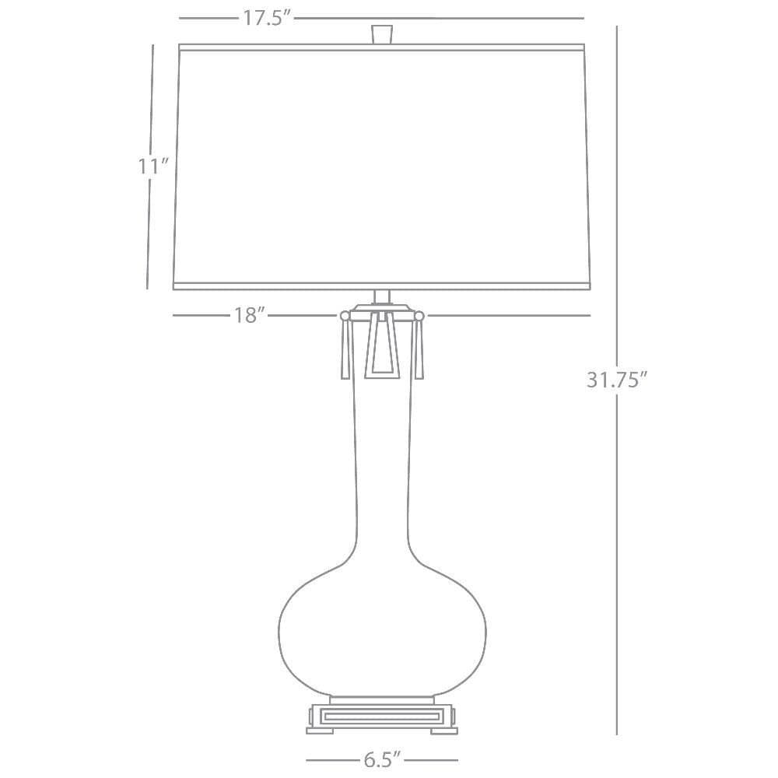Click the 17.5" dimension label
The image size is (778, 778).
[x=266, y=19]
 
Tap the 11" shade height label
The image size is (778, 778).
[x=154, y=166]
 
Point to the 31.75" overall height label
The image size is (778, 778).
[x=617, y=380]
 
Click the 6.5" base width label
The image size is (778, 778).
[x=381, y=759]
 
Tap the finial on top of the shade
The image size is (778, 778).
[x=382, y=35]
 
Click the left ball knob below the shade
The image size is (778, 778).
[x=345, y=315]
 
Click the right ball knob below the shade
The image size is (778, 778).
[x=419, y=315]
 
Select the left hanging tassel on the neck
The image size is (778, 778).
[x=345, y=349]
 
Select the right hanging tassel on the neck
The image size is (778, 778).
[x=419, y=349]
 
